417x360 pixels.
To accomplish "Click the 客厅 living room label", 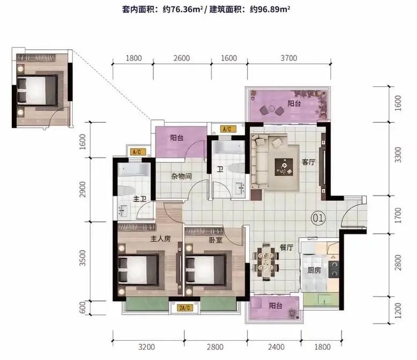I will [308, 162].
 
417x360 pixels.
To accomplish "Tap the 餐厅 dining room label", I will [286, 247].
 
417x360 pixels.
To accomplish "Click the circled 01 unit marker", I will [318, 219].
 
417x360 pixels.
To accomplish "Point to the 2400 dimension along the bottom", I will [273, 346].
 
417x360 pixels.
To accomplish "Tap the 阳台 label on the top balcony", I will [294, 103].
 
